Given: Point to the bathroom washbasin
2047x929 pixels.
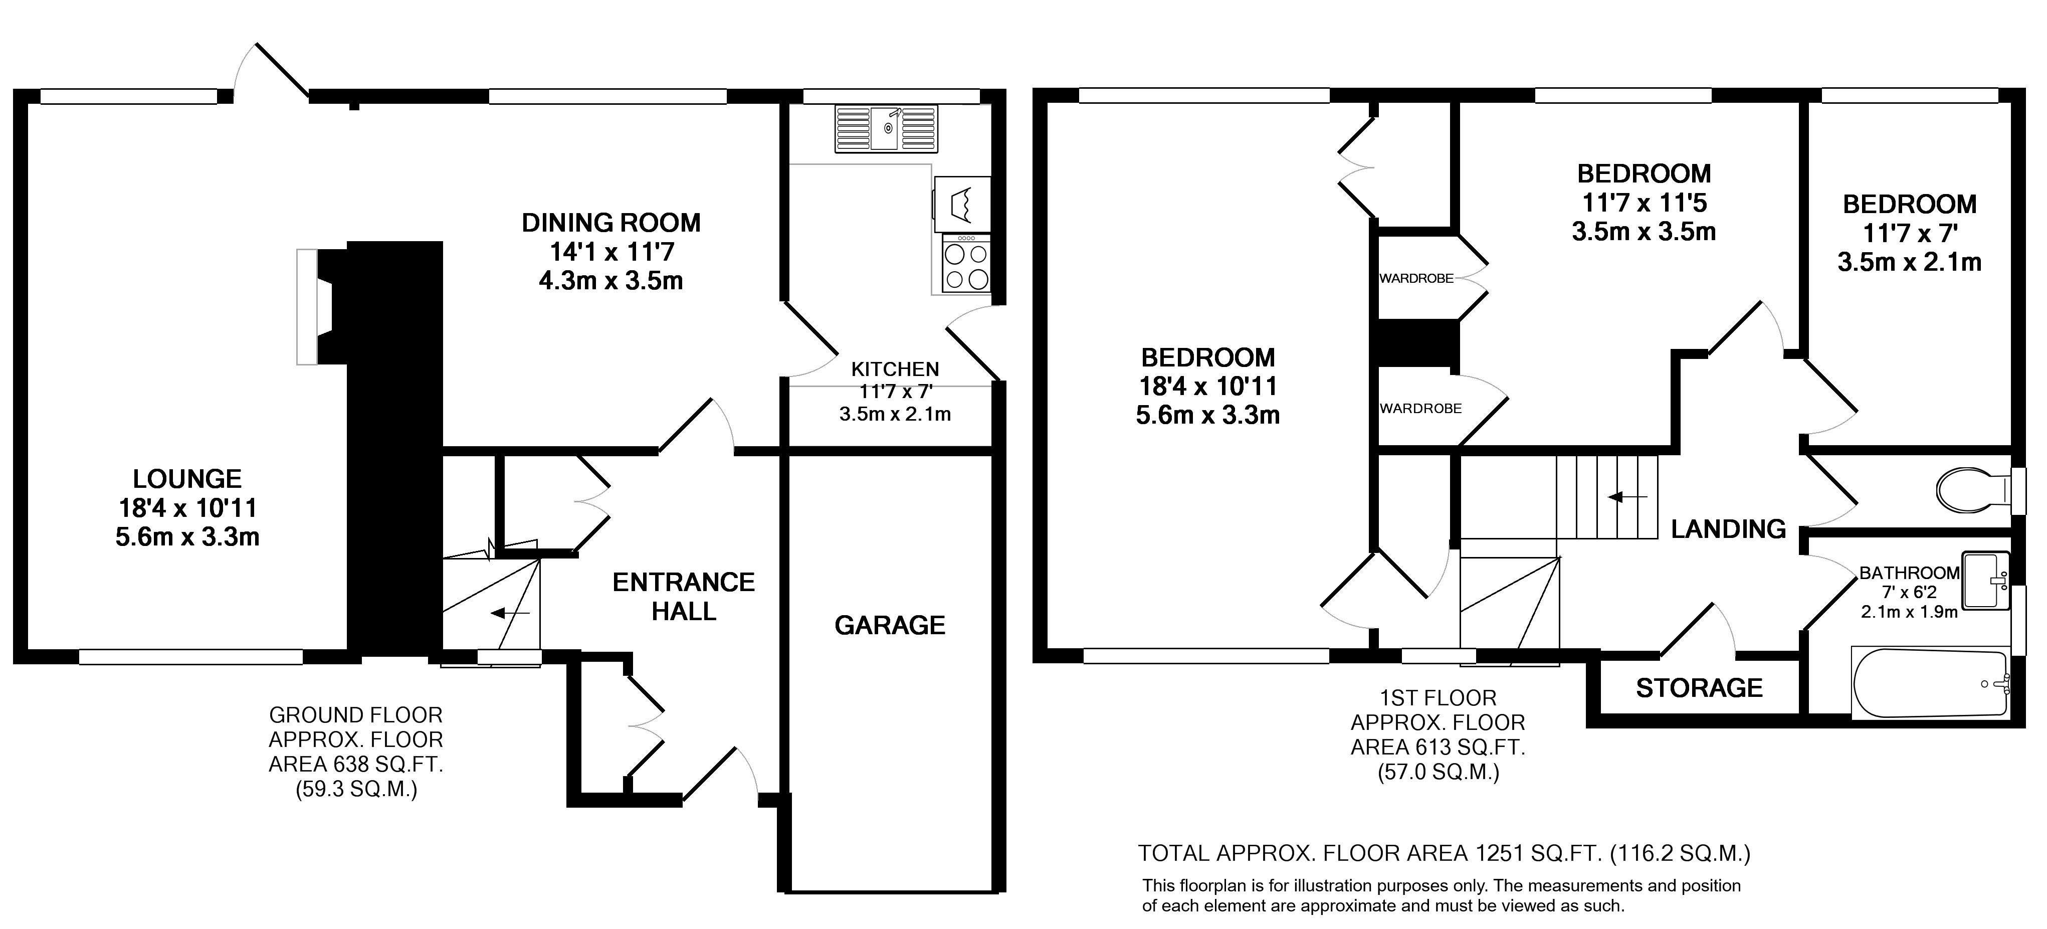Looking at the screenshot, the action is [1985, 581].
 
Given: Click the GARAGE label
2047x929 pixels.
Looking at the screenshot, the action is [890, 625].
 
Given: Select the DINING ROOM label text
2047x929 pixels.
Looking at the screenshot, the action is [611, 223].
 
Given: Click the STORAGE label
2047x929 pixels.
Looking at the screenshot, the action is [1699, 687].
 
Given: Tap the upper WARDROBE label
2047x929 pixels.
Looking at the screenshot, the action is [1417, 278].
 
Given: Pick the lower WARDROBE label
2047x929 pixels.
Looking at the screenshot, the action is [1421, 409].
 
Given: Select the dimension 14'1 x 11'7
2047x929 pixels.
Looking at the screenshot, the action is [612, 252].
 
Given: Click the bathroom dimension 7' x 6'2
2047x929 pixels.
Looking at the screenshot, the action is [1909, 593].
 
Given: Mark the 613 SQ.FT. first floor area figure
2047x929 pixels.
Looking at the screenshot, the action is [1439, 747].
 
